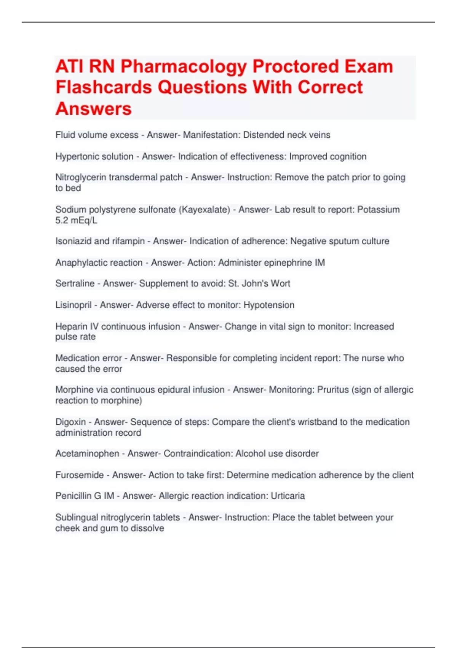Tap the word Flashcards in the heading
click(104, 88)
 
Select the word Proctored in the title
click(296, 67)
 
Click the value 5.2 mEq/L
click(76, 220)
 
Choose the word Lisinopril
click(74, 305)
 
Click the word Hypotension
click(269, 305)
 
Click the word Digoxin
click(70, 422)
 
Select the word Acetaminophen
click(87, 454)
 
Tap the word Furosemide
click(80, 475)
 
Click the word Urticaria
click(288, 496)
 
